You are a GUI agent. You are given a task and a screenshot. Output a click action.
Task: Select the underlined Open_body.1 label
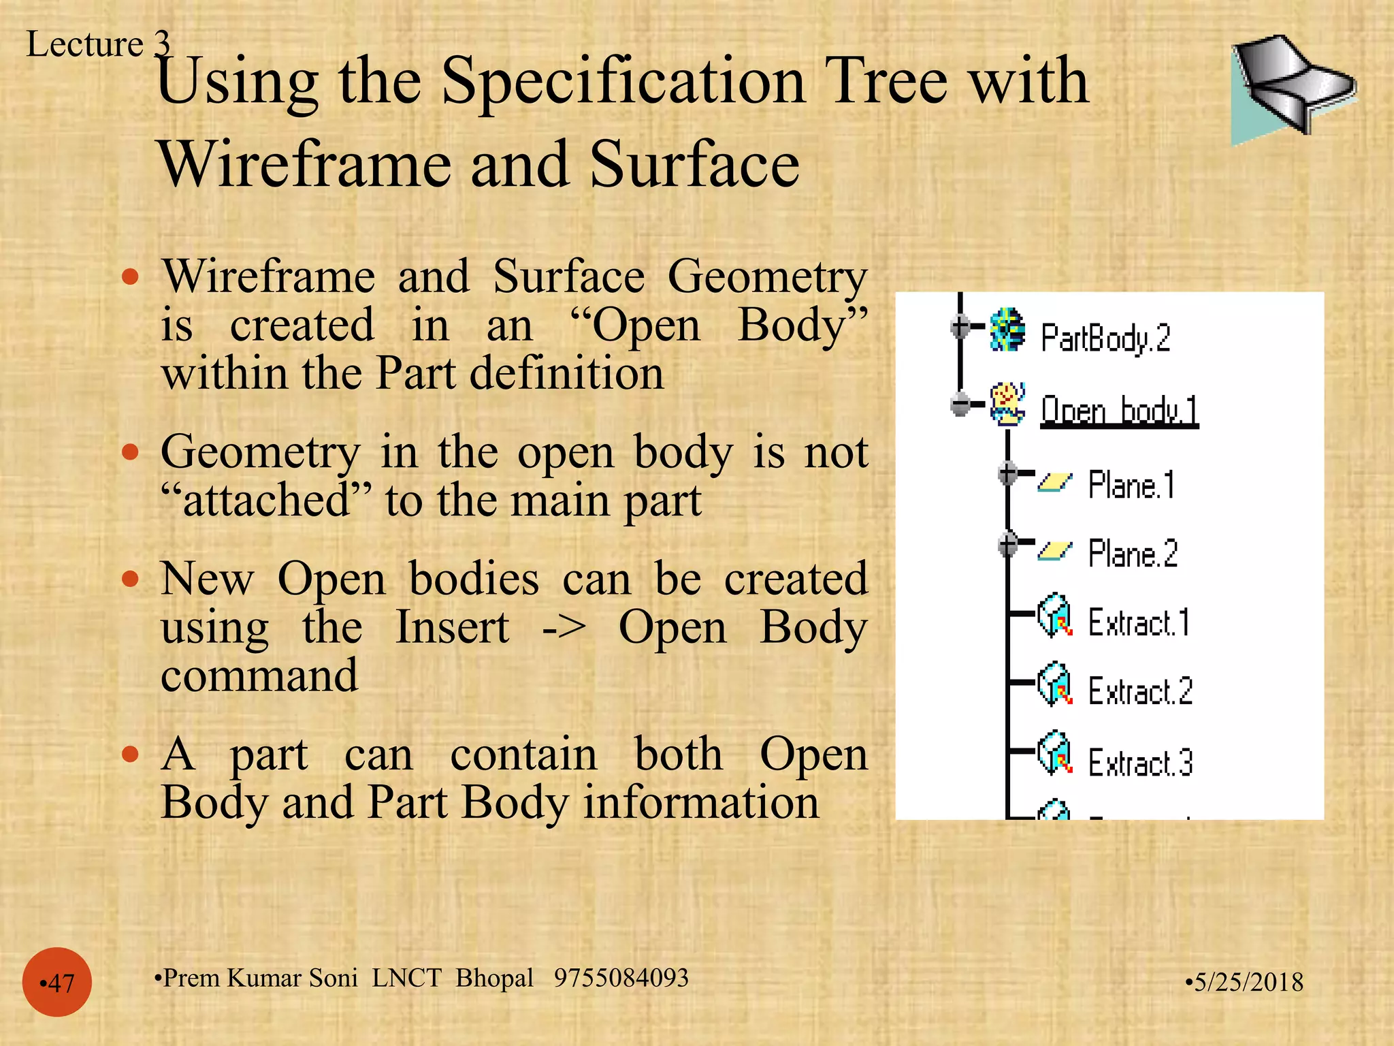click(1119, 411)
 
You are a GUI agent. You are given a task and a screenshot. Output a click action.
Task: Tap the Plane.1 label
click(1131, 485)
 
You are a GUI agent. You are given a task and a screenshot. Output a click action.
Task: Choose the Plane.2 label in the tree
click(1133, 553)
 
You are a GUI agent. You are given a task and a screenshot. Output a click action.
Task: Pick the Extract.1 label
click(1139, 622)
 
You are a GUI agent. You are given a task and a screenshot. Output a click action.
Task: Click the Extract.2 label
click(1140, 691)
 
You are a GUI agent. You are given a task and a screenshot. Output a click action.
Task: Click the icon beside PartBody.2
click(1007, 330)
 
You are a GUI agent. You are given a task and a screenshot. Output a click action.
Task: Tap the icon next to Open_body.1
click(1007, 403)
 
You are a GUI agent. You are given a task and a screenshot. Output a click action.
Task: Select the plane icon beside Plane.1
click(1054, 483)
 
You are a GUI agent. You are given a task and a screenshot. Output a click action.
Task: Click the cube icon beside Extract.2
click(1054, 685)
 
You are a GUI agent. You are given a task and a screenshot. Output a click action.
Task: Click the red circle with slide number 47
click(57, 982)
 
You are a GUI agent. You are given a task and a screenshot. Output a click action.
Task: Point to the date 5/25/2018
click(1245, 982)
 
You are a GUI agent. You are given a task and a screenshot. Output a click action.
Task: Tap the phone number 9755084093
click(621, 978)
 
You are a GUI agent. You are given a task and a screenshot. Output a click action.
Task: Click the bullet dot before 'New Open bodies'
click(130, 580)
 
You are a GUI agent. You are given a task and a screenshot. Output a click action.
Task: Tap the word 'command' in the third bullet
click(259, 676)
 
